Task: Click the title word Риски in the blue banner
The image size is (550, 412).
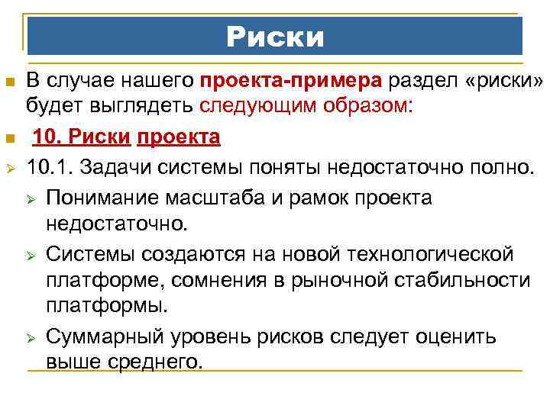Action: coord(275,37)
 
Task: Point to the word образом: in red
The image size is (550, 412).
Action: coord(367,105)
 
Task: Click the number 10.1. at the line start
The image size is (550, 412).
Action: coord(50,163)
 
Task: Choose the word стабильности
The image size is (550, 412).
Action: coord(467,280)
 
